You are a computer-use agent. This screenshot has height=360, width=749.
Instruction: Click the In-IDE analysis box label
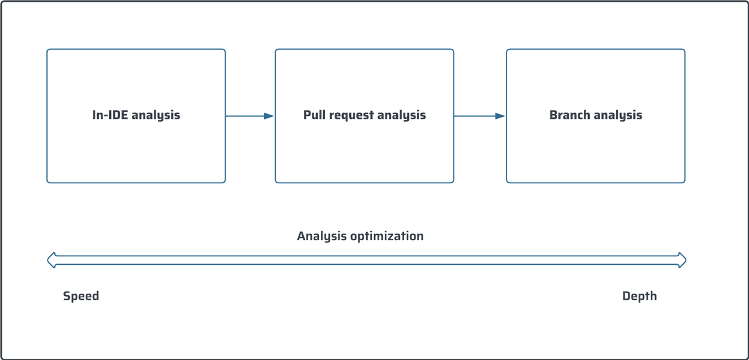(x=136, y=115)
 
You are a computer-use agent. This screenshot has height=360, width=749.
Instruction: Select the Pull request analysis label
(x=364, y=115)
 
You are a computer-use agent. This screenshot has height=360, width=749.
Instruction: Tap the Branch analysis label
(x=595, y=115)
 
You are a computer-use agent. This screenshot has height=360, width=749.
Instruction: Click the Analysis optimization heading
(x=360, y=236)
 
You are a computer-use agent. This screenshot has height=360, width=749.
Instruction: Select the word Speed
(x=81, y=296)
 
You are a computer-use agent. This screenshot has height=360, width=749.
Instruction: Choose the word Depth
(x=639, y=296)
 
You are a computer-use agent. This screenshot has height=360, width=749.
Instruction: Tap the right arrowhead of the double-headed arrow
(x=682, y=261)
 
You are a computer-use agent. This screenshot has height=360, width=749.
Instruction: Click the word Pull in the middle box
(x=314, y=115)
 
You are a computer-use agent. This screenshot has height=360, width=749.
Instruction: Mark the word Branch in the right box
(x=569, y=115)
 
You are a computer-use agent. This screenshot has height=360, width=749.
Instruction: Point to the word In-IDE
(x=110, y=115)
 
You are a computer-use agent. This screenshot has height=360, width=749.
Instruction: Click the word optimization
(x=387, y=236)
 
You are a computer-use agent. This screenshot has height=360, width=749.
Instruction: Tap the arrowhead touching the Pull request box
(x=269, y=116)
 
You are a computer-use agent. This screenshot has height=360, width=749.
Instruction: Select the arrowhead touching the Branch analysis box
(x=500, y=116)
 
